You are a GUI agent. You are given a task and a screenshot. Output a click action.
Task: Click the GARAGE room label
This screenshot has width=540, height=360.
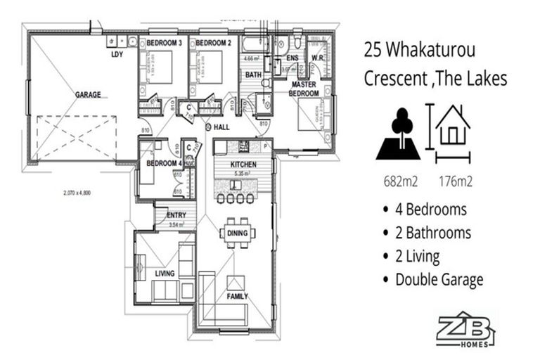[88, 94]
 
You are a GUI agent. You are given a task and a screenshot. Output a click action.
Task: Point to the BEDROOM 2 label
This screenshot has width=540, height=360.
[213, 44]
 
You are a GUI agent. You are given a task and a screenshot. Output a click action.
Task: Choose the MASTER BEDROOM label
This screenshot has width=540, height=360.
[306, 89]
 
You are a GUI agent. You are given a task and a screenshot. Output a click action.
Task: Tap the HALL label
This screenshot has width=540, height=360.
[223, 127]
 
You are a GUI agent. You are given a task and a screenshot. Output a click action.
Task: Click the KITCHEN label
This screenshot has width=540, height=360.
[243, 164]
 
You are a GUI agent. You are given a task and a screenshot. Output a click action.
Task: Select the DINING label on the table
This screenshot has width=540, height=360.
[238, 233]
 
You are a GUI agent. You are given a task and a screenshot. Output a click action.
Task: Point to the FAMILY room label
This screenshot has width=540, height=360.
[237, 297]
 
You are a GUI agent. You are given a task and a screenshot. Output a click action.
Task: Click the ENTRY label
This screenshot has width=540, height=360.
[176, 215]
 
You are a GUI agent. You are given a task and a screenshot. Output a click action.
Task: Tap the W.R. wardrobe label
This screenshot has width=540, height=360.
[317, 58]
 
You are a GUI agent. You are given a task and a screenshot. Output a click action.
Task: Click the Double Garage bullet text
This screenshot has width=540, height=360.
[439, 279]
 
